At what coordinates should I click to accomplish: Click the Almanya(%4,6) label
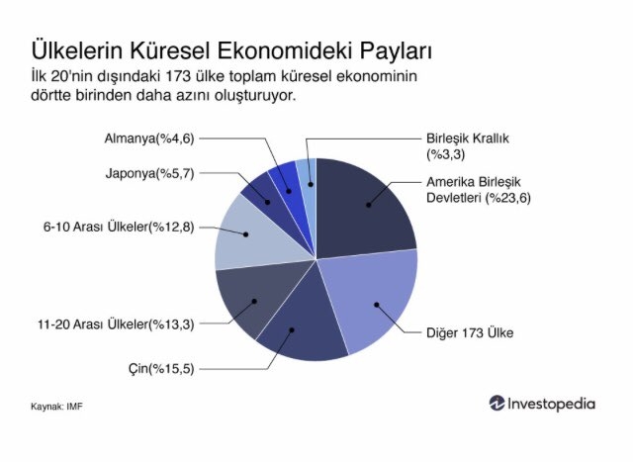tap(149, 139)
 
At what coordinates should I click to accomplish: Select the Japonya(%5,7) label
tap(149, 174)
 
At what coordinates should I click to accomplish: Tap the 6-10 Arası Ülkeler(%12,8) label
tap(119, 227)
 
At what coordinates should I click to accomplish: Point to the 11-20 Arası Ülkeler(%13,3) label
tap(116, 323)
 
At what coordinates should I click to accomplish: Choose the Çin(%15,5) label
tap(161, 369)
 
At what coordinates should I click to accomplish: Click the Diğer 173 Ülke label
tap(470, 332)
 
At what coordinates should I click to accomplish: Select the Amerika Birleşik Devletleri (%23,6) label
tap(479, 190)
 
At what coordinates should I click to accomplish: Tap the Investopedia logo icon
tap(497, 404)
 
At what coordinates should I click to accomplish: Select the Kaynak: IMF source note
tap(56, 407)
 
